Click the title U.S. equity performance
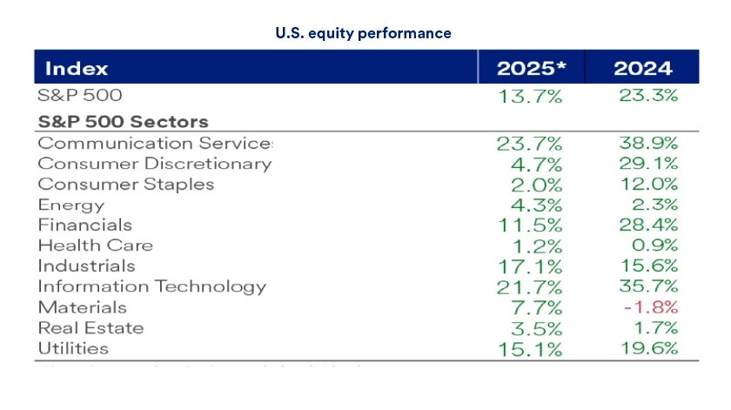363,34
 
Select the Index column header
77,69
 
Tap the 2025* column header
531,69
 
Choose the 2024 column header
643,69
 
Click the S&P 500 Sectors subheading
123,122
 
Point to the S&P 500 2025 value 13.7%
530,97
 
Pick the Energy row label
71,205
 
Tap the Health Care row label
96,246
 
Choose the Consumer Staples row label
126,185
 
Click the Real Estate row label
91,328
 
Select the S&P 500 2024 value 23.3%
647,96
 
